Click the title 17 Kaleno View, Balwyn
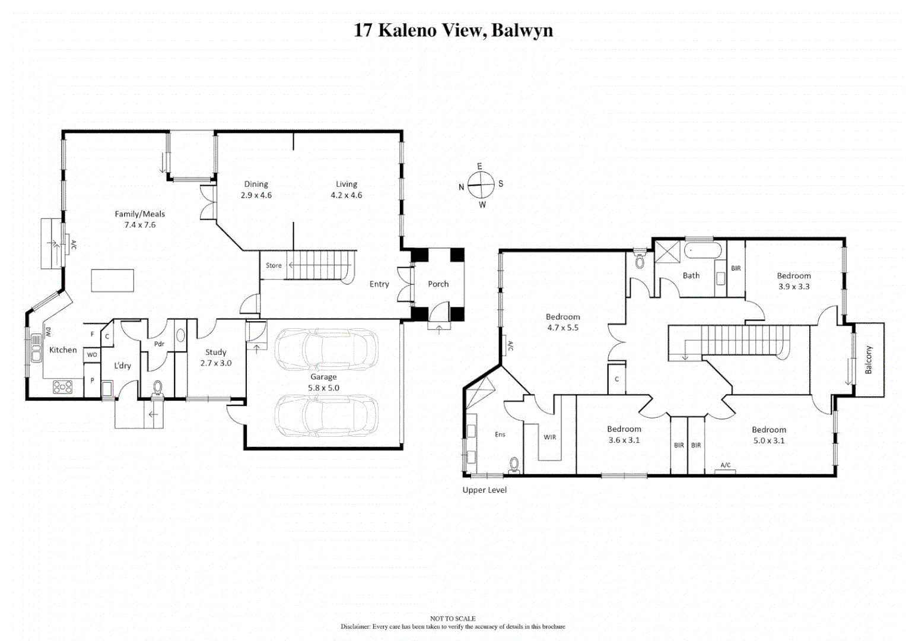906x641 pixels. pos(453,30)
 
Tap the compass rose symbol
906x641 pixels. pos(481,185)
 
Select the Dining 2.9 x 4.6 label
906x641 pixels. pos(256,189)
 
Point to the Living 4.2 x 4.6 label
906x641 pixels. pos(346,189)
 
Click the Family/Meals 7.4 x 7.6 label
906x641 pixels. pos(140,219)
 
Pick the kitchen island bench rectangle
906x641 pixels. pos(112,280)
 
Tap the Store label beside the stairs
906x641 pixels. pos(274,265)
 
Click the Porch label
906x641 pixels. pos(438,284)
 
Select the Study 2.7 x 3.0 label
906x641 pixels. pos(216,357)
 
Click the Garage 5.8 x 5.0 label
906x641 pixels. pos(323,382)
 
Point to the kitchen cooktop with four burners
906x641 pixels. pos(63,387)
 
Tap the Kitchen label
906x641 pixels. pos(63,350)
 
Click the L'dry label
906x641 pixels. pos(122,366)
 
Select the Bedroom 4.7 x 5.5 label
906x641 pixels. pos(562,322)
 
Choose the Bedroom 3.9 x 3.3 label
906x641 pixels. pos(794,281)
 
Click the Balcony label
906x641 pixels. pos(869,360)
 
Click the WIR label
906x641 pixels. pos(550,437)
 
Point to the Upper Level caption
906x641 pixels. pos(485,490)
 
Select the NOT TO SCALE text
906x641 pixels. pos(453,618)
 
